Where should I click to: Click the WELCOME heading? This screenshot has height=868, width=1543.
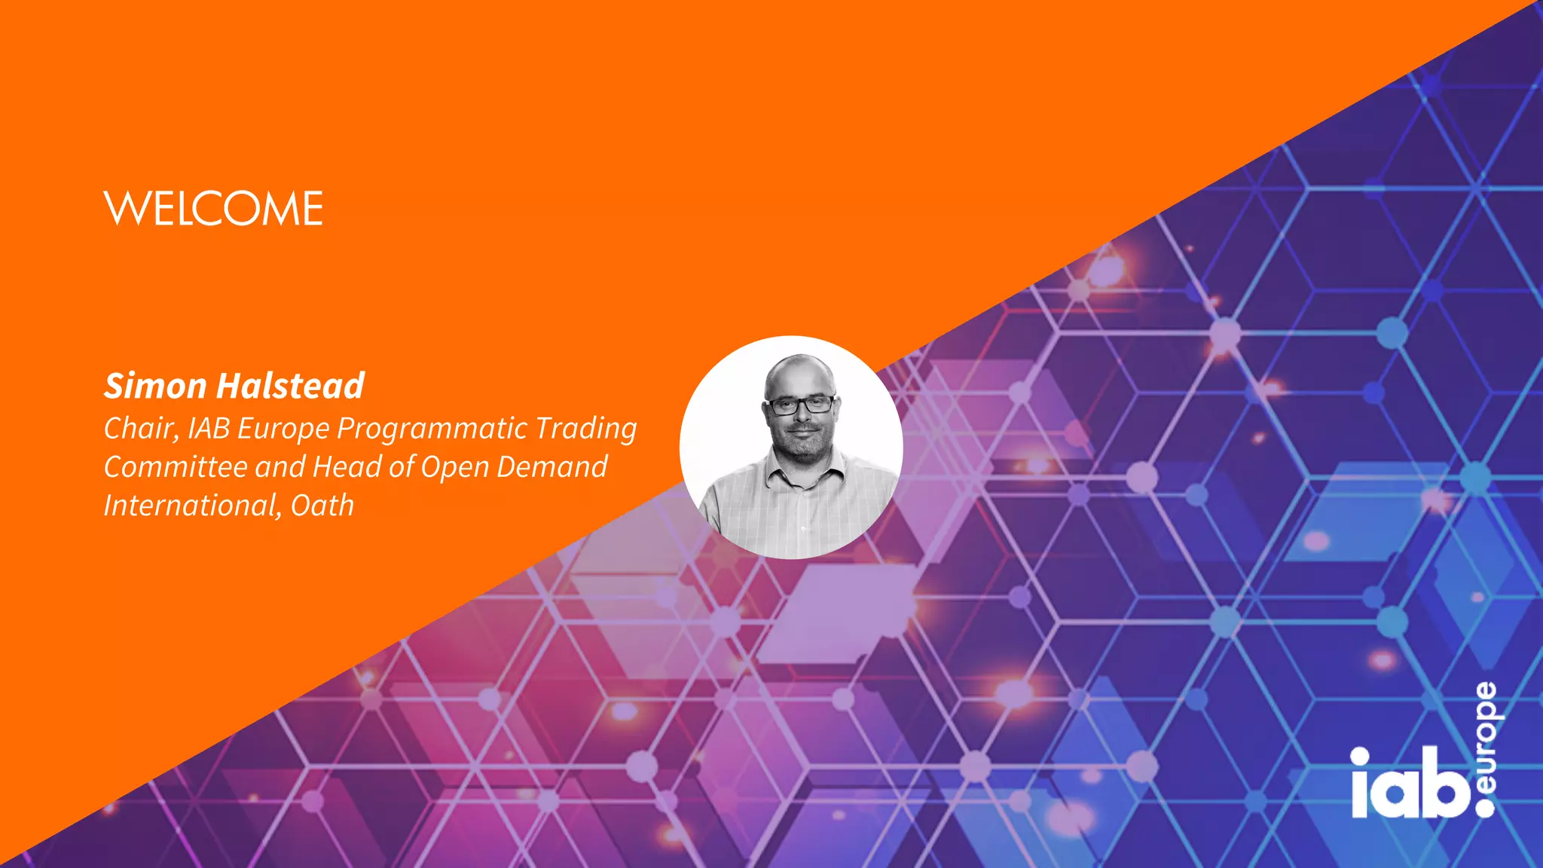214,209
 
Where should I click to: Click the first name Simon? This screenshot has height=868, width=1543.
154,386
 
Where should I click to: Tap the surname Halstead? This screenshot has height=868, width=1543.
291,386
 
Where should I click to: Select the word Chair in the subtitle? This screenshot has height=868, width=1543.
140,428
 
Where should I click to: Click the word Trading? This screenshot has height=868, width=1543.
586,429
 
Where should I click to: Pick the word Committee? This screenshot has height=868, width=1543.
175,467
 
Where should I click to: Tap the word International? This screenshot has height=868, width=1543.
191,506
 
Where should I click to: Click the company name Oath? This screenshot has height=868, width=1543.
322,506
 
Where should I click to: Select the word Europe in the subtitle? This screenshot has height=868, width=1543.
283,429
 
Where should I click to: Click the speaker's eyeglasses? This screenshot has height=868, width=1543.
800,405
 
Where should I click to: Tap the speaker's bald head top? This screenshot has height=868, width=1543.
799,368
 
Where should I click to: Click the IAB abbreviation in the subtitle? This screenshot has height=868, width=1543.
209,428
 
